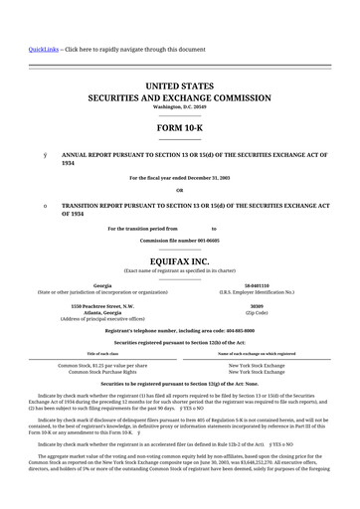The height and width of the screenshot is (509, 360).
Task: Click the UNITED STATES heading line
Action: tap(179, 88)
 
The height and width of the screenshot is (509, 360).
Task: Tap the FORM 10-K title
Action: tap(179, 129)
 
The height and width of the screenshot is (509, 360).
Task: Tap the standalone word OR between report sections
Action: tap(179, 190)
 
